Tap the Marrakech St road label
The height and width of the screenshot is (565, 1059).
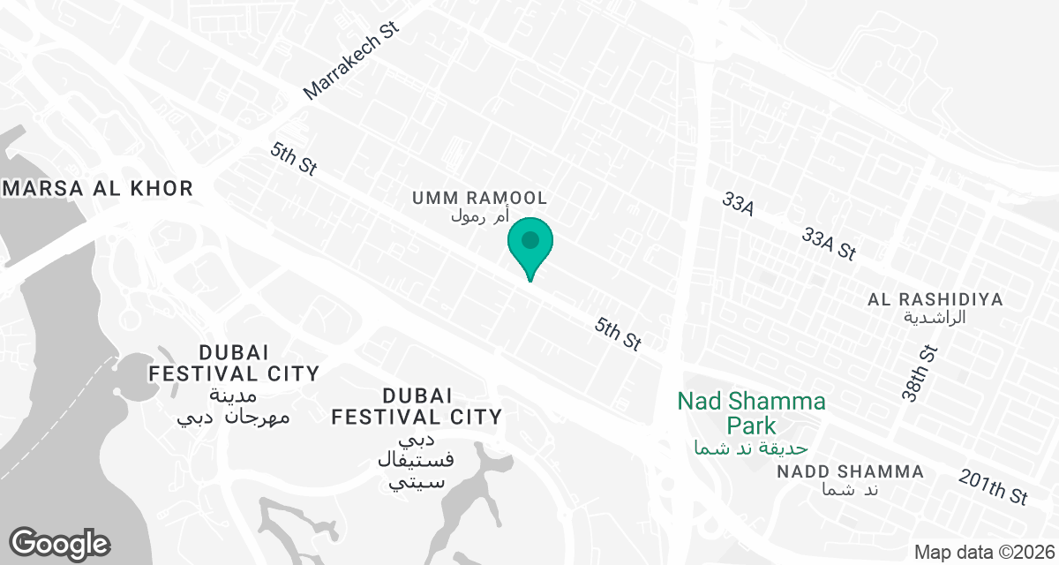pos(351,61)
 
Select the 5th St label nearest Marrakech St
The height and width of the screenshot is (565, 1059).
pos(294,161)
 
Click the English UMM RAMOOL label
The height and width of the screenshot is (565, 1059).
pos(480,197)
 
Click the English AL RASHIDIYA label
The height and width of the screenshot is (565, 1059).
pos(935,299)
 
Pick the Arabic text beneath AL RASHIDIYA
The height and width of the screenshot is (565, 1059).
pos(935,317)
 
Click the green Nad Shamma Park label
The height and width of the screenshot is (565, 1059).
pos(752,414)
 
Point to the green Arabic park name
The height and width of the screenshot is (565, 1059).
pos(750,448)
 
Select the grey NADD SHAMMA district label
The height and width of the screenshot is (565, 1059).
pos(851,472)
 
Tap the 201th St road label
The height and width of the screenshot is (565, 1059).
pos(994,486)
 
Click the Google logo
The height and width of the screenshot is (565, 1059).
pos(58,543)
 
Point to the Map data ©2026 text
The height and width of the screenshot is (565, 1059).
pos(983,552)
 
